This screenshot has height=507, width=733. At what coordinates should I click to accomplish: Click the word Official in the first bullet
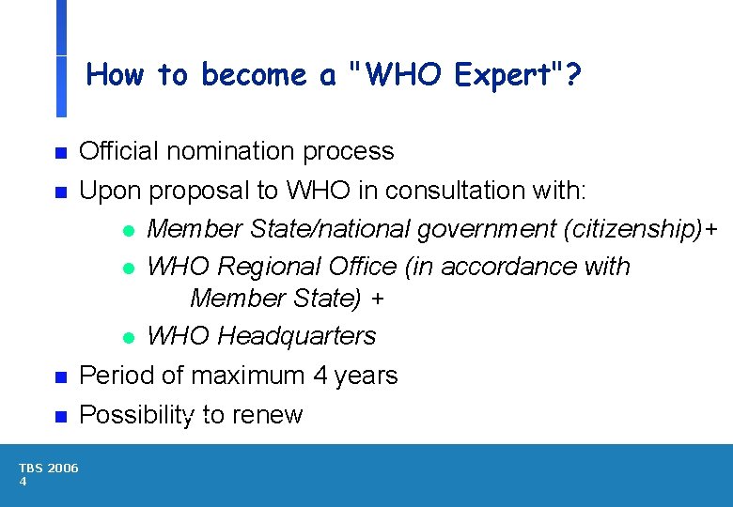pos(117,150)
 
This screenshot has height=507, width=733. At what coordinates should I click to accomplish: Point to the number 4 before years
pos(320,376)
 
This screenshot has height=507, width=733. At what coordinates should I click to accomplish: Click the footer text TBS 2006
pos(49,469)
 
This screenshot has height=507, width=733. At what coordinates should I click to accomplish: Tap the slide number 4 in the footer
pos(23,482)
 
